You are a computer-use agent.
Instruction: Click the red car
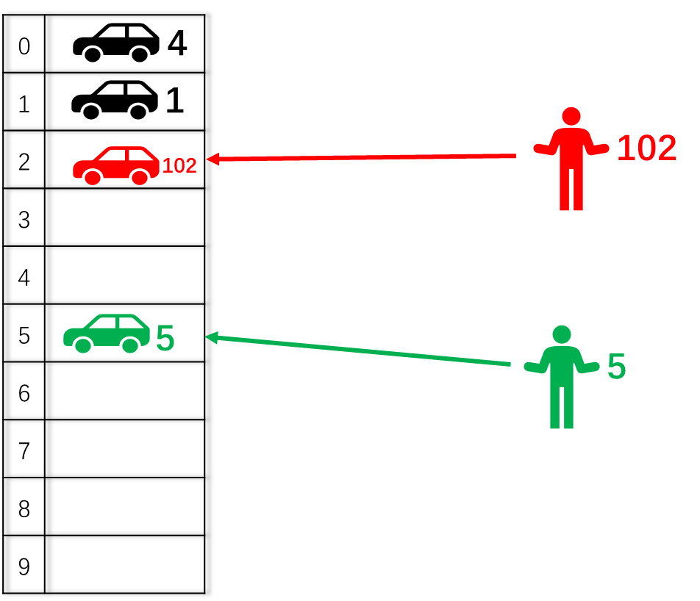[115, 166]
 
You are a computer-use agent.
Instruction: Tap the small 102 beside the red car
[179, 166]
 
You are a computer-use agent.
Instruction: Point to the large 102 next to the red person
[646, 148]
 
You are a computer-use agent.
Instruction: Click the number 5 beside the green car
[165, 339]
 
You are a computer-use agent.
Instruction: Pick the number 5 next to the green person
[616, 367]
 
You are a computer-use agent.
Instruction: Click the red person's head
[571, 116]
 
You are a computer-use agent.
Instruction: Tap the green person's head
[562, 334]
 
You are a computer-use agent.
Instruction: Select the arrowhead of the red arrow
[213, 159]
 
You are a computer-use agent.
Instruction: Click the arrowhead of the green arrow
[211, 337]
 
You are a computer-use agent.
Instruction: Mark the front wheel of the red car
[93, 177]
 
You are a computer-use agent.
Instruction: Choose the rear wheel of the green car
[130, 345]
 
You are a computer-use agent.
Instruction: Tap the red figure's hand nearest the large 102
[602, 149]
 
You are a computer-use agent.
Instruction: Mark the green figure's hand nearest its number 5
[593, 367]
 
